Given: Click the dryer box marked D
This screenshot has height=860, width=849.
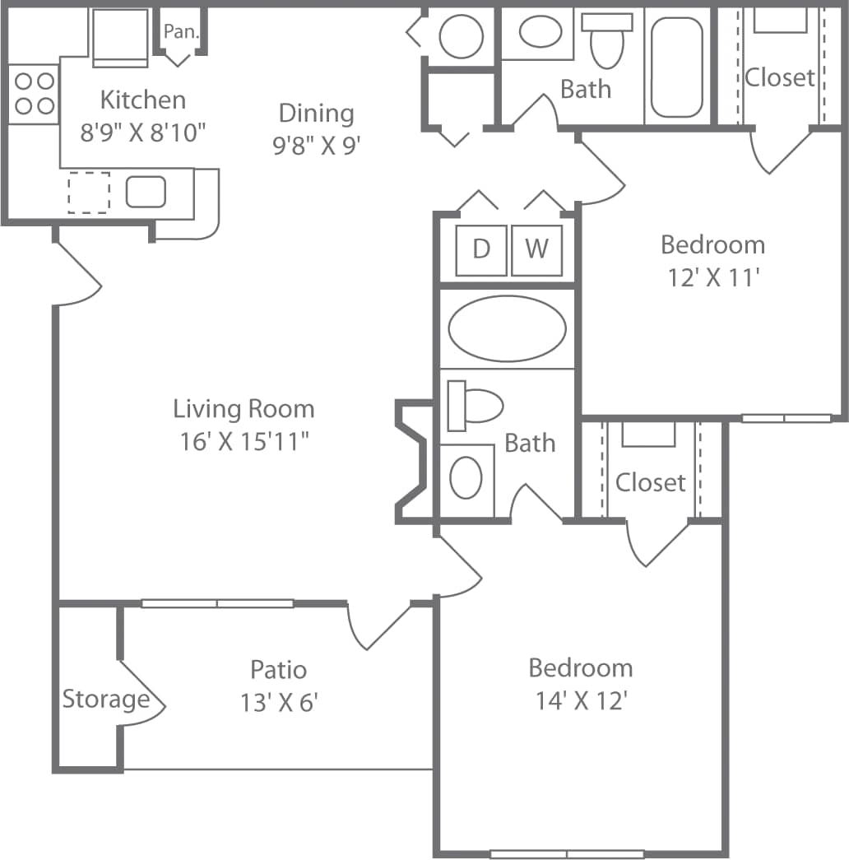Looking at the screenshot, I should pyautogui.click(x=481, y=249).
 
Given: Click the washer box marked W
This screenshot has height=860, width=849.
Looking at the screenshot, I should pyautogui.click(x=536, y=249).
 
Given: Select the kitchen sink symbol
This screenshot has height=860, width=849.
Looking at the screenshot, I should pyautogui.click(x=146, y=192).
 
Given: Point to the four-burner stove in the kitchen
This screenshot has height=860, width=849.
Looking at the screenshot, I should pyautogui.click(x=34, y=93).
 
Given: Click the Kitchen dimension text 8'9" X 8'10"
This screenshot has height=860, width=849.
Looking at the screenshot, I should pyautogui.click(x=142, y=132).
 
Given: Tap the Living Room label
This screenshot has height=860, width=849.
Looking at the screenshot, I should pyautogui.click(x=244, y=408).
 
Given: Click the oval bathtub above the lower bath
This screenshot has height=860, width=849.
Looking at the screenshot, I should pyautogui.click(x=507, y=328).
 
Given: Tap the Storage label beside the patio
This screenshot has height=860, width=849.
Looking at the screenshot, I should pyautogui.click(x=106, y=700).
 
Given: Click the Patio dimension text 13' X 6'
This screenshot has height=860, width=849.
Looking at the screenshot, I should pyautogui.click(x=279, y=704).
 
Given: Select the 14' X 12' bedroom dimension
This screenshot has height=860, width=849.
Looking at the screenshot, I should pyautogui.click(x=581, y=701).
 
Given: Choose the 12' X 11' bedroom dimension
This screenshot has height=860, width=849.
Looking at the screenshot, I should pyautogui.click(x=712, y=278).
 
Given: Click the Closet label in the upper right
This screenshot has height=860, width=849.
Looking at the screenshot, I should pyautogui.click(x=779, y=77).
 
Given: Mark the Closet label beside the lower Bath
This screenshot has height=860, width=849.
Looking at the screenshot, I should pyautogui.click(x=650, y=482).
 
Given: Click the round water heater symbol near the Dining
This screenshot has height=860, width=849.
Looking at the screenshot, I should pyautogui.click(x=460, y=35).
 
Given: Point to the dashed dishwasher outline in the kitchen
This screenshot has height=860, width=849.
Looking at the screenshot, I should pyautogui.click(x=88, y=193).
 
